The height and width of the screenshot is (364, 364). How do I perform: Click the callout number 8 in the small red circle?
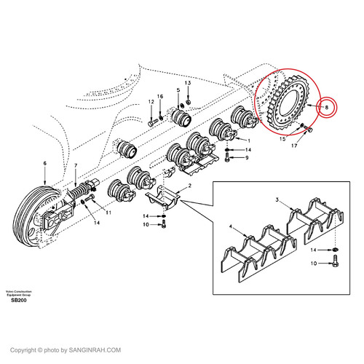coord(327,108)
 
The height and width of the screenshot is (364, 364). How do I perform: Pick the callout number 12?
coord(152,103)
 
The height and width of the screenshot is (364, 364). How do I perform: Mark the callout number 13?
coord(188,84)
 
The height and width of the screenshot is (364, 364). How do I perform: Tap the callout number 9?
coord(247,157)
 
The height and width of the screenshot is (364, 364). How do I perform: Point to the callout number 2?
coord(189,188)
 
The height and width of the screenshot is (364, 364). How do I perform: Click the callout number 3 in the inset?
coord(277,199)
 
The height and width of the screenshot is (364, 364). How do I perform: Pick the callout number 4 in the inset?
coord(232,228)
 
